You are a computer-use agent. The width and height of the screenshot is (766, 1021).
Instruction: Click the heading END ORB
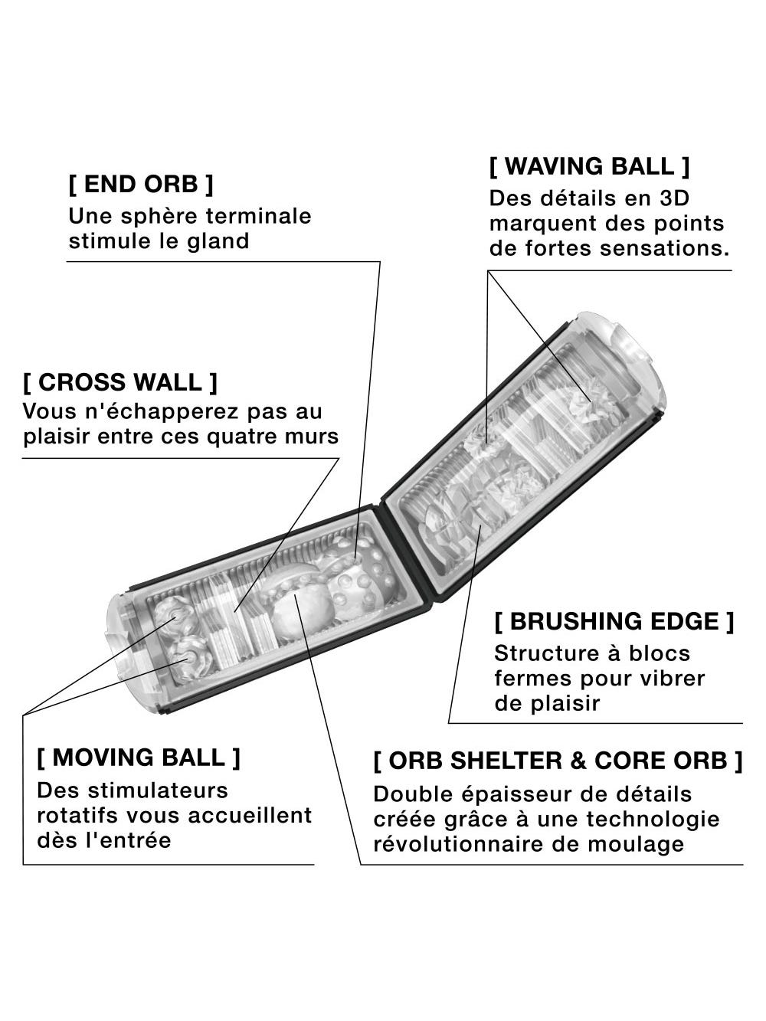(x=141, y=184)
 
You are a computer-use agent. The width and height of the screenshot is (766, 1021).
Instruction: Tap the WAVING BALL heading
(x=589, y=166)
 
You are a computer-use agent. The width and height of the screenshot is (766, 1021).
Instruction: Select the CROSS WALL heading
(x=120, y=382)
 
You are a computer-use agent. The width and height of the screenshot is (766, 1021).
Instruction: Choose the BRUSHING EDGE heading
(x=614, y=621)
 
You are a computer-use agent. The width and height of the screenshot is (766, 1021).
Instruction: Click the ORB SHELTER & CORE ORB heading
(x=558, y=761)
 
